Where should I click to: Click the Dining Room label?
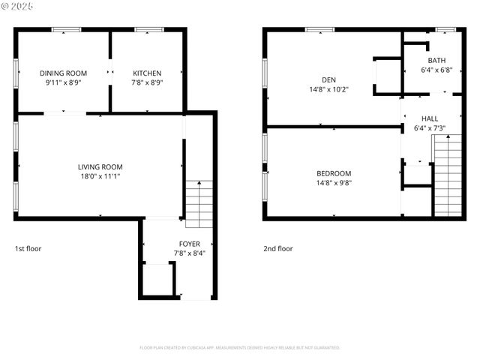(64, 73)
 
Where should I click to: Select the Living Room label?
(100, 166)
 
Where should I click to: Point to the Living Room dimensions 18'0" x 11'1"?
(100, 176)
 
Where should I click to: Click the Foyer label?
(189, 244)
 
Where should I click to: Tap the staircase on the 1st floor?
(199, 204)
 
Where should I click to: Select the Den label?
(328, 79)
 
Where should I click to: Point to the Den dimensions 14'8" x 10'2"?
(328, 89)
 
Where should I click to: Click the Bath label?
(436, 60)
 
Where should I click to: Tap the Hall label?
(430, 118)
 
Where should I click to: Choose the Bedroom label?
(334, 172)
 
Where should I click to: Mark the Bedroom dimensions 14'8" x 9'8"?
(334, 182)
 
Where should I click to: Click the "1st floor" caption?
(29, 248)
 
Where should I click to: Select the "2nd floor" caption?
(277, 248)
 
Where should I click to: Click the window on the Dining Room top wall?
(66, 29)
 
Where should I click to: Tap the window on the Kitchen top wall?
(149, 29)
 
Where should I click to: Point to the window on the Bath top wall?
(445, 29)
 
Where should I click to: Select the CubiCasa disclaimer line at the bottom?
(240, 347)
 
